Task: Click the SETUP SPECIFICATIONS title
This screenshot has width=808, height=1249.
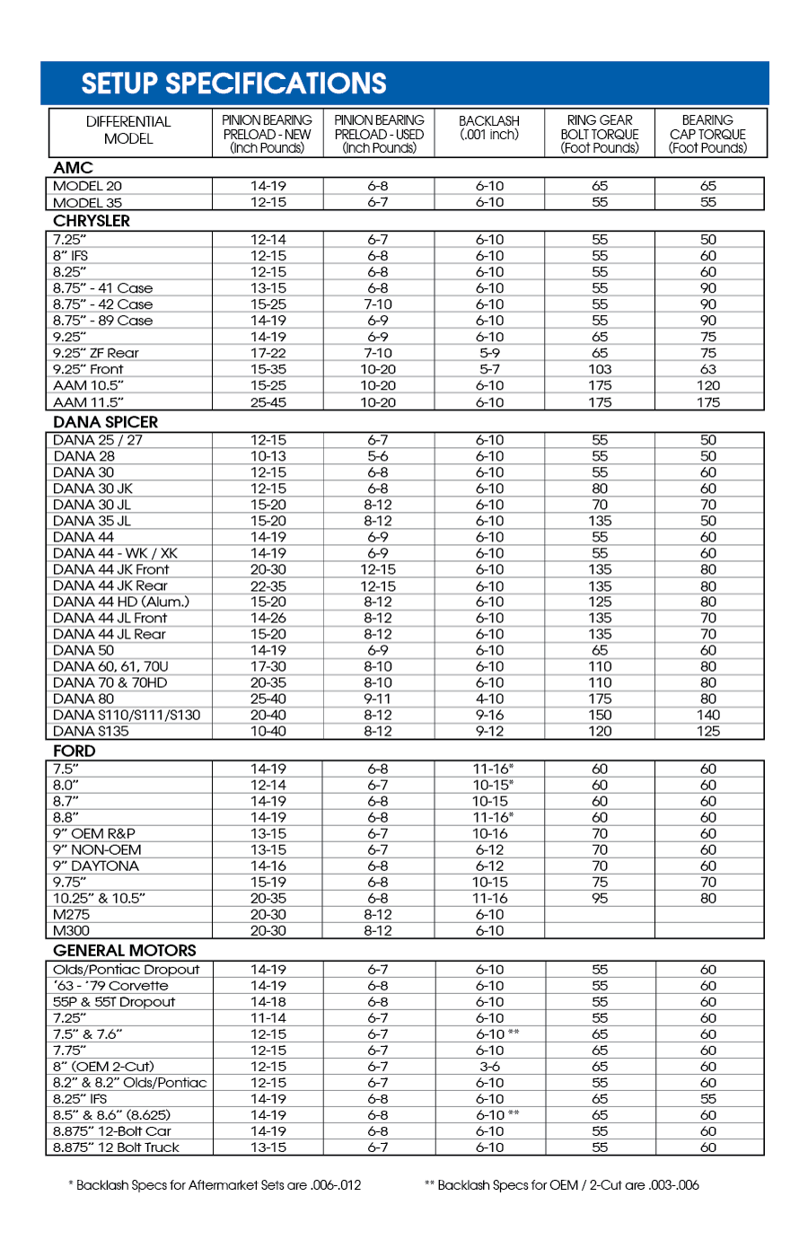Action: point(233,84)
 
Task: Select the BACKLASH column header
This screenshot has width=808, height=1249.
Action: point(489,128)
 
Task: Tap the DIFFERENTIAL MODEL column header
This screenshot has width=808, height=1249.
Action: point(128,130)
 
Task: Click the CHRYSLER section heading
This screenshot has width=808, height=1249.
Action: point(92,221)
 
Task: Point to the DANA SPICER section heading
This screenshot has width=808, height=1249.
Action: point(105,422)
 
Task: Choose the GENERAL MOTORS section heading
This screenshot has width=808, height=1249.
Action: point(124,950)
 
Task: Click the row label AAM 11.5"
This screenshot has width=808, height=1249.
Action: point(88,402)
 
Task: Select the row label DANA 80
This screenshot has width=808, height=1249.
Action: point(83,699)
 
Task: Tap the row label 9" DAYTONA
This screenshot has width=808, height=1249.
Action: point(96,866)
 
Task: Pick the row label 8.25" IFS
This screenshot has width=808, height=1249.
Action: point(80,1099)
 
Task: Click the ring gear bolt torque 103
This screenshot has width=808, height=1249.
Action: point(600,369)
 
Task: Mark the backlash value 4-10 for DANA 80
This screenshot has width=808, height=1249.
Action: point(489,699)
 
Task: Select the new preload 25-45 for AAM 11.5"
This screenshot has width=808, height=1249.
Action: point(268,402)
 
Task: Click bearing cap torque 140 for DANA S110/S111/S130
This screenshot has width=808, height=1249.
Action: point(708,715)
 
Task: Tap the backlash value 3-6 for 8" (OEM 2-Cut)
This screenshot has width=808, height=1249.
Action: point(489,1067)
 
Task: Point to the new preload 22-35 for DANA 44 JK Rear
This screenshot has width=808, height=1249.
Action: point(268,585)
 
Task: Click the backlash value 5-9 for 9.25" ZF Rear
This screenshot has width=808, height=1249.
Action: point(489,353)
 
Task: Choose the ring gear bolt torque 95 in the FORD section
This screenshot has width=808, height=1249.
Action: point(600,898)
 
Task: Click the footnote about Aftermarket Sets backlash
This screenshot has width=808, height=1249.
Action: point(215,1185)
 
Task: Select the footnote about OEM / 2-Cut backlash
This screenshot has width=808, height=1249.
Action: point(561,1185)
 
